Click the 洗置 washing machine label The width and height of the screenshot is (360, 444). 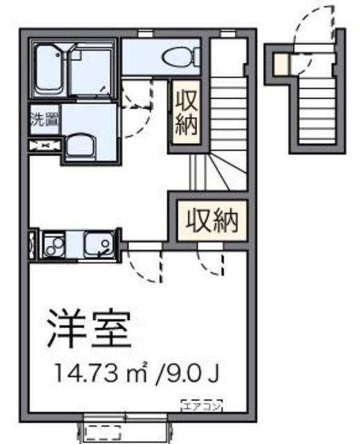pos(44,119)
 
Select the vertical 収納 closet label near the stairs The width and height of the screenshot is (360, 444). pos(187,114)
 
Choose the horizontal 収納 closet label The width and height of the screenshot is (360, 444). pos(210,221)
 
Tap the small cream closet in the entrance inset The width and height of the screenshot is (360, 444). pos(279,64)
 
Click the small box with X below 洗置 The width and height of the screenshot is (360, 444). pos(44,145)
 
